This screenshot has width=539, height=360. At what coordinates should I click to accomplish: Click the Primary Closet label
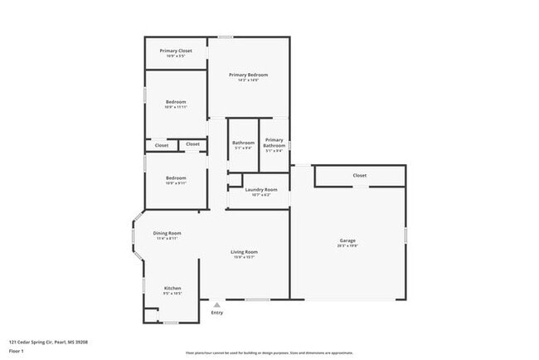tap(176, 51)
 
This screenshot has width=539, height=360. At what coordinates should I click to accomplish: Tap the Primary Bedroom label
tap(248, 75)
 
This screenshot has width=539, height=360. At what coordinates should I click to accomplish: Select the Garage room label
tap(347, 240)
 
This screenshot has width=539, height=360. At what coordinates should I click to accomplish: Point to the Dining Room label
tap(167, 233)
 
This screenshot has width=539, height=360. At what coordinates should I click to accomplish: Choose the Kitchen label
tap(172, 288)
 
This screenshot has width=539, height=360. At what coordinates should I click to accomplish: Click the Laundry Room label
tap(260, 189)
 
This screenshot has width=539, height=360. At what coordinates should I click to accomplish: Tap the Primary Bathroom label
tap(274, 143)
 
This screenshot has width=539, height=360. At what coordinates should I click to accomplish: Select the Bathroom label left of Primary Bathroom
tap(243, 143)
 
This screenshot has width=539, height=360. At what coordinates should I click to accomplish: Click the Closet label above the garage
tap(359, 175)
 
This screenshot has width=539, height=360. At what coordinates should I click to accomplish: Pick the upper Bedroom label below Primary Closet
tap(176, 102)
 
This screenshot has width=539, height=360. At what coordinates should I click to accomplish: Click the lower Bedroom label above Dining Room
tap(176, 178)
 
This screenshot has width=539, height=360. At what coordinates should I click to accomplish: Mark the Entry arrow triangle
tap(217, 304)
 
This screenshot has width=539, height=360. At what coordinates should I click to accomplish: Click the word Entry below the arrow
tap(217, 313)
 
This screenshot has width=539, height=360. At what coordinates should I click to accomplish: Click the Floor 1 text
tap(16, 351)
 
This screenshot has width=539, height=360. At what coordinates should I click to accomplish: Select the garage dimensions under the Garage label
tap(347, 246)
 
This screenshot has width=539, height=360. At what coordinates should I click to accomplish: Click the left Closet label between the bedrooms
tap(162, 145)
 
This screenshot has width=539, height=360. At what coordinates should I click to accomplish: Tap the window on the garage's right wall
tap(405, 235)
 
